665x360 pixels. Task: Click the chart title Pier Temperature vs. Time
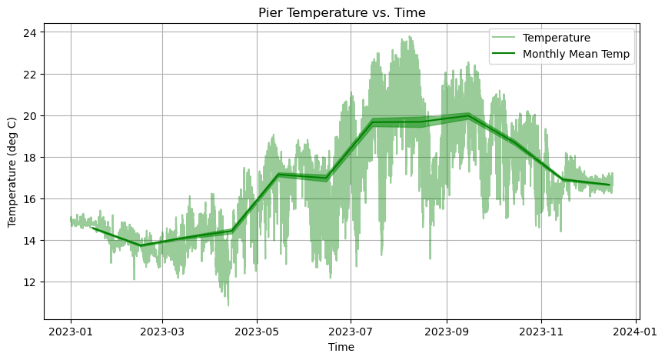[x=341, y=12]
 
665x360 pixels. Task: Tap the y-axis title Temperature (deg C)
[x=12, y=172]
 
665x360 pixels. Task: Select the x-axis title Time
[x=341, y=348]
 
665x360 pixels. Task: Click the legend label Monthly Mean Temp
[x=578, y=55]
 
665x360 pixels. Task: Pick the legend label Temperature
[x=556, y=38]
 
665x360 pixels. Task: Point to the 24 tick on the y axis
[x=32, y=32]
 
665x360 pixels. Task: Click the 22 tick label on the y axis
[x=32, y=74]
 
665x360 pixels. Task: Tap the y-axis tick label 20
[x=32, y=115]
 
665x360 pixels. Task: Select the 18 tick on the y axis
[x=32, y=157]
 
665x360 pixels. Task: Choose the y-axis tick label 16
[x=32, y=198]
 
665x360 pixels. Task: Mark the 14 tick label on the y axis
[x=32, y=240]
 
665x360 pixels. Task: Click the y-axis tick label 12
[x=32, y=282]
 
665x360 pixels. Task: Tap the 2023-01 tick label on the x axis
[x=71, y=332]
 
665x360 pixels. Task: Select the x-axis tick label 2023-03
[x=162, y=332]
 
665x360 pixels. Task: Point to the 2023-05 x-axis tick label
[x=257, y=332]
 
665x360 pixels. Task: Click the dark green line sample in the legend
[x=504, y=55]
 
